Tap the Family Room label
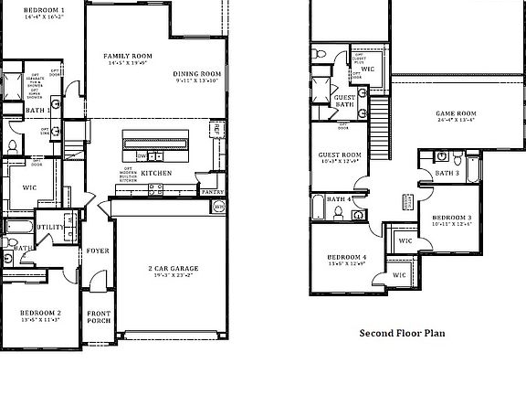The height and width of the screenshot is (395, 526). [x=127, y=57]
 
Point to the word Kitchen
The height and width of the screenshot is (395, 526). [x=155, y=173]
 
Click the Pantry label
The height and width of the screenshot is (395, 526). [x=212, y=192]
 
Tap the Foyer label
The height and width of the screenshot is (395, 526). [x=97, y=250]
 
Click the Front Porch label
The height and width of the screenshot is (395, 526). [x=98, y=315]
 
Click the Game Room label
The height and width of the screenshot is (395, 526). [x=456, y=113]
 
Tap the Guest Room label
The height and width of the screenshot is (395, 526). [x=339, y=155]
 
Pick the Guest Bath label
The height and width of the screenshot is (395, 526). [x=344, y=101]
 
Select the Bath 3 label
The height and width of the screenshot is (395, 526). [x=447, y=173]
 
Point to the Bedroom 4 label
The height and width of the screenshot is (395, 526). [x=347, y=258]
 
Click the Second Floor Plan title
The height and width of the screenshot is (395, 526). [x=402, y=334]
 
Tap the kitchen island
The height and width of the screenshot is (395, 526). [x=156, y=143]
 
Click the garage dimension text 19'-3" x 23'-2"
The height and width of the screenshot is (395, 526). [x=174, y=277]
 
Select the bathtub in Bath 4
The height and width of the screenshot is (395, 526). [x=316, y=208]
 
